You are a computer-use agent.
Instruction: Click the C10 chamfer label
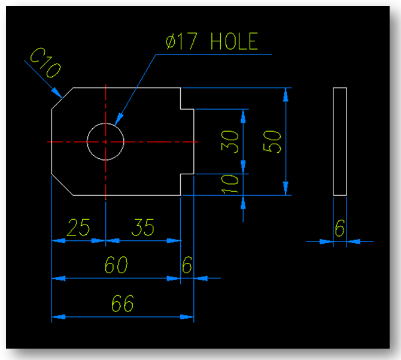45,64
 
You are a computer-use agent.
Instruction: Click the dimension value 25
78,228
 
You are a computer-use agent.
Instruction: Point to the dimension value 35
142,228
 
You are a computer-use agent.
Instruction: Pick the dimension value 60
116,265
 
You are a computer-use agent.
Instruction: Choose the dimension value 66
122,304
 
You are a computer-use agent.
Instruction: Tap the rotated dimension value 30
232,141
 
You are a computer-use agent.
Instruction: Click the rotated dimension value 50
273,141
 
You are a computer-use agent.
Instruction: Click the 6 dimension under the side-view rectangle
340,228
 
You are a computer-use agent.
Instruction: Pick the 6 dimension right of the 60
187,265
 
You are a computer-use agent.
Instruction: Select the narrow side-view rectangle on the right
340,141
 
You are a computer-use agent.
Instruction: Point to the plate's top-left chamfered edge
62,99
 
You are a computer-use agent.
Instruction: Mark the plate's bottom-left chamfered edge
62,184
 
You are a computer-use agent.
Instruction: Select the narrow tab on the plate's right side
187,141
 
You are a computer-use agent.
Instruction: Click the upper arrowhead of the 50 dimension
287,93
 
